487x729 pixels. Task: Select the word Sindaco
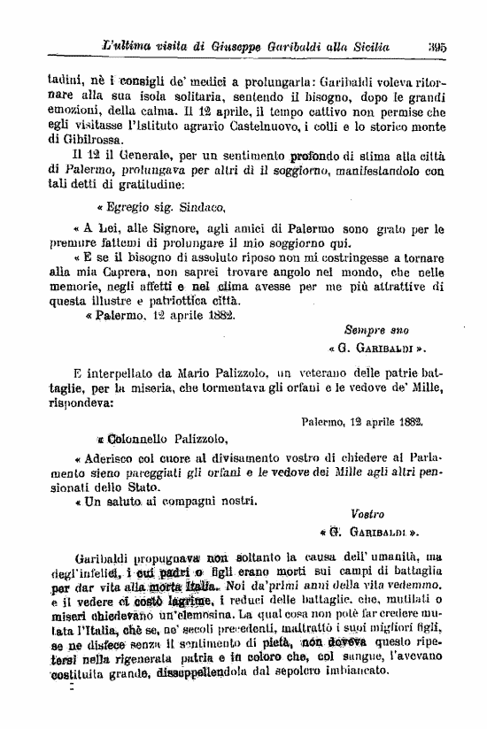[x=203, y=207]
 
